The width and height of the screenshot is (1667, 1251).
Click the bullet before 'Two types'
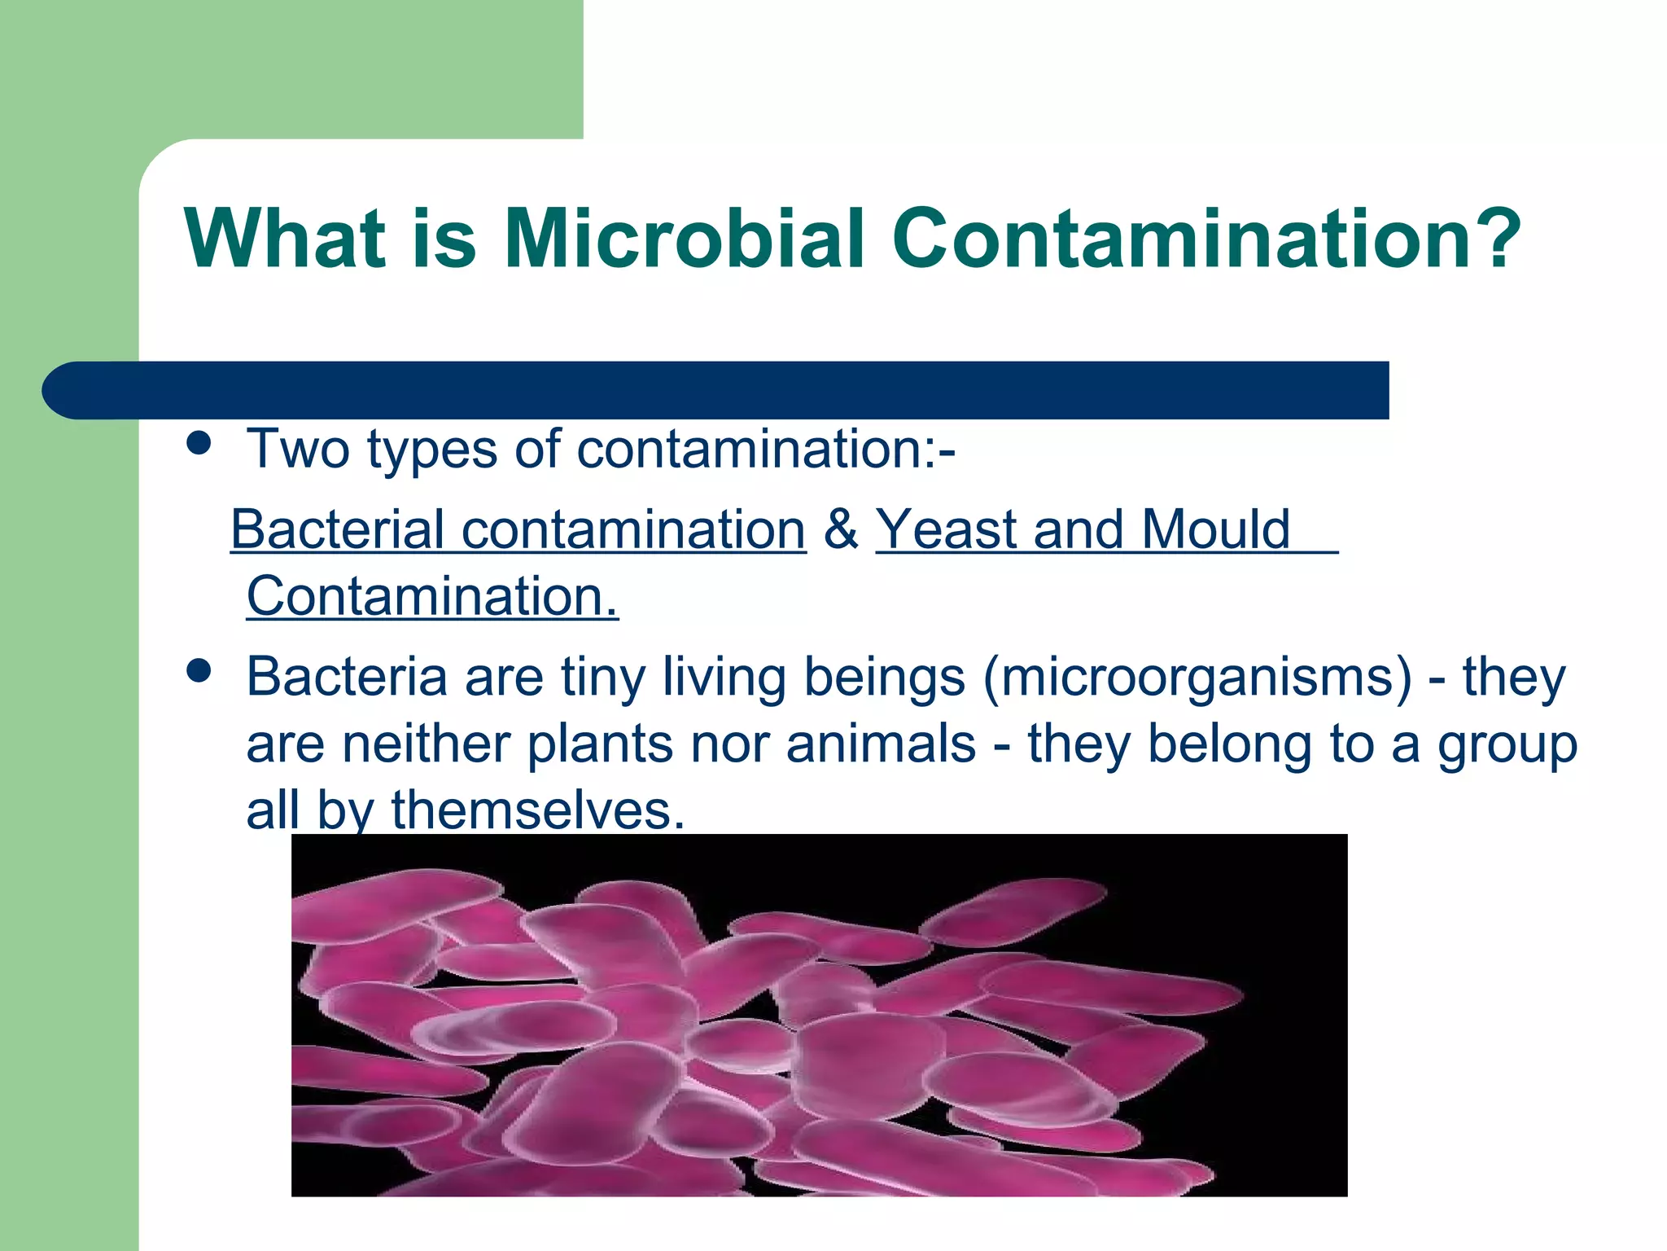(x=199, y=444)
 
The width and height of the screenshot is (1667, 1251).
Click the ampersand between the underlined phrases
(x=841, y=529)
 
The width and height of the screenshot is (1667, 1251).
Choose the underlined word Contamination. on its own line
(x=432, y=596)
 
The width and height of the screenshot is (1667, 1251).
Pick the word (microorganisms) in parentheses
(x=1197, y=678)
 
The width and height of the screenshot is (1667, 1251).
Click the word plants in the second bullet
(x=600, y=744)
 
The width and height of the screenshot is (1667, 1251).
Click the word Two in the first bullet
(x=298, y=449)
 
